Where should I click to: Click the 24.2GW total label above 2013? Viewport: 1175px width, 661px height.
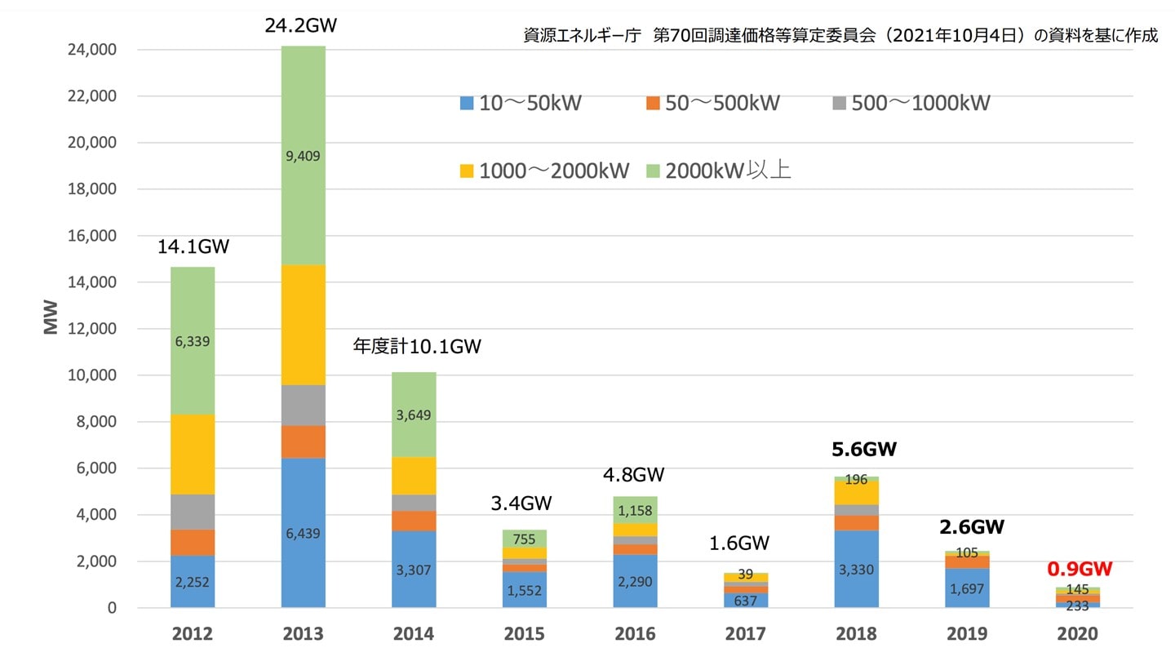[301, 25]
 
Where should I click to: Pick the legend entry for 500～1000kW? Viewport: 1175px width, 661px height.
[911, 104]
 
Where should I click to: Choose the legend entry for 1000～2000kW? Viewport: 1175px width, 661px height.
[543, 171]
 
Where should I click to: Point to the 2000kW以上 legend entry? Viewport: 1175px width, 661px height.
[718, 171]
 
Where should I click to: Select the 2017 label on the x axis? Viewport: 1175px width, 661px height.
[745, 634]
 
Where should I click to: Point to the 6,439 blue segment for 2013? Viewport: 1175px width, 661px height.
[303, 533]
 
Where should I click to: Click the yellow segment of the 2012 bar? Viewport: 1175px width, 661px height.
[193, 455]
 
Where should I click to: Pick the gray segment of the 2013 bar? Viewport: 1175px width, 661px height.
[303, 406]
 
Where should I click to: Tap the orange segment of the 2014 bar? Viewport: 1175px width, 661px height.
[414, 521]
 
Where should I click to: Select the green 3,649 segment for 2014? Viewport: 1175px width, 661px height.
[414, 415]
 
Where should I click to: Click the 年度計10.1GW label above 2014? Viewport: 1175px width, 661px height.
[416, 347]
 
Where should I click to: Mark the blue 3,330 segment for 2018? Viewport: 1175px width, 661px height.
[856, 569]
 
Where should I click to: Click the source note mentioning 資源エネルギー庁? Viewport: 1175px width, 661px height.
[840, 37]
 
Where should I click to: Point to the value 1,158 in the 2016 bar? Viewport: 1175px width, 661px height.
[635, 510]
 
